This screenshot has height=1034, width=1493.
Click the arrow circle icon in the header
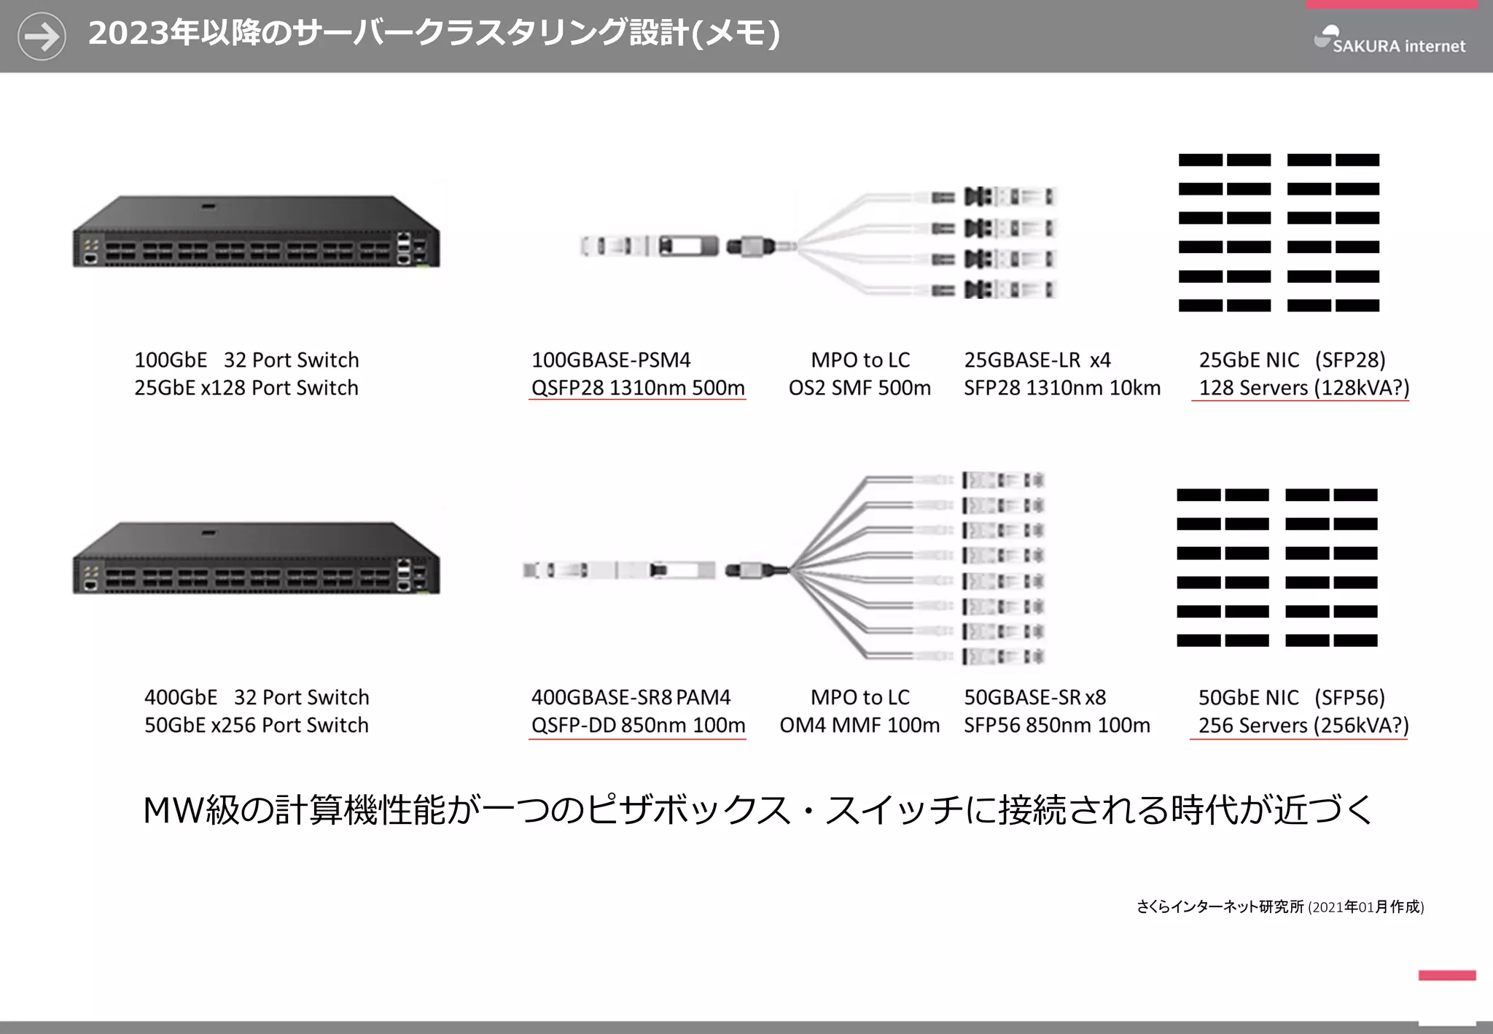pos(42,36)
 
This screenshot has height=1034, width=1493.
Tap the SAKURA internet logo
pos(1389,40)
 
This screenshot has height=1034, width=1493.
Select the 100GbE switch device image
pos(256,232)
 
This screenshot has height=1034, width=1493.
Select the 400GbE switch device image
pos(256,559)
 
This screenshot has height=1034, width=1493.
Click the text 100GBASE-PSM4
pos(610,360)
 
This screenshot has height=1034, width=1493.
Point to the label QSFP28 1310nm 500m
pos(637,388)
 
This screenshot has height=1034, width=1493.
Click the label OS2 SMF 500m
pos(859,388)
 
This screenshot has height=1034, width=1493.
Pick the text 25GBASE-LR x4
pos(1037,360)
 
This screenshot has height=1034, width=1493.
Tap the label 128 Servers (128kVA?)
pos(1303,388)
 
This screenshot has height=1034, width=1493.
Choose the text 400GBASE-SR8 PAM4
pos(631,698)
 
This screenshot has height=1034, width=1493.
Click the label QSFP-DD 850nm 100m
pos(638,726)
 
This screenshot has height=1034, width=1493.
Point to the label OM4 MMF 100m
pos(859,726)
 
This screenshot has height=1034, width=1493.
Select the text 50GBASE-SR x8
pos(1034,698)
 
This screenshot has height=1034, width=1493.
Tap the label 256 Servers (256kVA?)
pos(1303,726)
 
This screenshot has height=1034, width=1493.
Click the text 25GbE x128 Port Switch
pos(246,388)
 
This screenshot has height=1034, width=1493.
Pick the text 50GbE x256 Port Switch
pos(257,726)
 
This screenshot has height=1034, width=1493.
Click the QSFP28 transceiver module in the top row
pos(649,246)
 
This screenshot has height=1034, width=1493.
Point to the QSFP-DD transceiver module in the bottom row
pos(620,570)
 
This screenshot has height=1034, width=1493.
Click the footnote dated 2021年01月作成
pos(1279,907)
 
